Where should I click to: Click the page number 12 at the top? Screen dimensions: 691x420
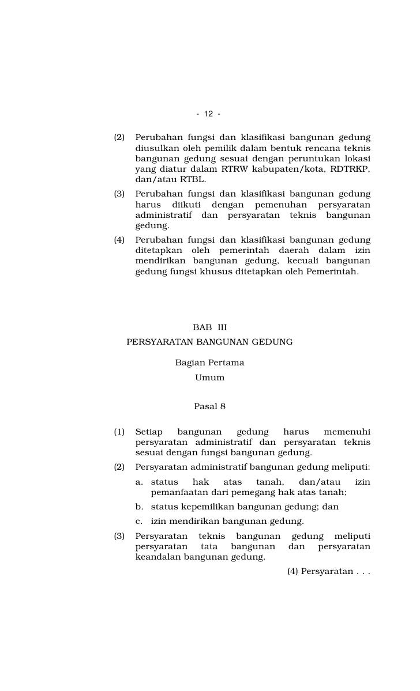208,114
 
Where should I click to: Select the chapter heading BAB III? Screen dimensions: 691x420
209,327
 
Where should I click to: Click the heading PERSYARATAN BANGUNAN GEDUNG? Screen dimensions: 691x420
209,342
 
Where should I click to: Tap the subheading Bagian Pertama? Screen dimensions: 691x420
209,363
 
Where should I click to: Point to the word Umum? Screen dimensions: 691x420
209,378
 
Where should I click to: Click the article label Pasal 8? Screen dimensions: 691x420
209,406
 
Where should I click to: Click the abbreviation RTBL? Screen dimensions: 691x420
193,179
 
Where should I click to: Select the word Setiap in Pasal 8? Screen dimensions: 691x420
149,432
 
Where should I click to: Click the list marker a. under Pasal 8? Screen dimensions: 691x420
139,482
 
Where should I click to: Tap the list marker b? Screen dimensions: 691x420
139,507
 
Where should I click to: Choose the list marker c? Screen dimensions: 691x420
139,522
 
